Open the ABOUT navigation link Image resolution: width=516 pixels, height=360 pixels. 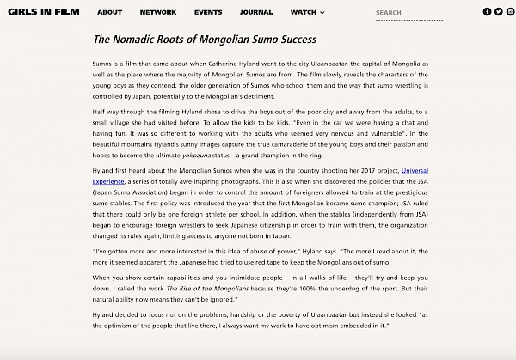(109, 13)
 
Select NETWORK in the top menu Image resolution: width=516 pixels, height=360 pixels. (158, 13)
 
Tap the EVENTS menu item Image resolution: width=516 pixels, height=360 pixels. (208, 13)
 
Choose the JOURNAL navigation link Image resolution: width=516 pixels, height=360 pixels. (256, 13)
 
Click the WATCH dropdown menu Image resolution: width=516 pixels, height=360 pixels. (307, 13)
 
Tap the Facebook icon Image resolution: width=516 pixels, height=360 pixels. (488, 12)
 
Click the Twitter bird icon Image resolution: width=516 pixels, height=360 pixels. (498, 12)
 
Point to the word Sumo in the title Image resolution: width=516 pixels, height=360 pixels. (261, 40)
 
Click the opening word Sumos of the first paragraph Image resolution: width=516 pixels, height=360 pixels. (103, 64)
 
